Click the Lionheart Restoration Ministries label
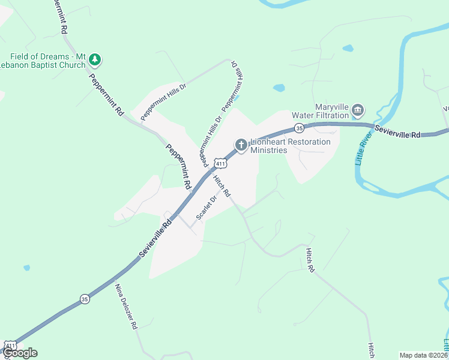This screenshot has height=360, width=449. [x=291, y=146]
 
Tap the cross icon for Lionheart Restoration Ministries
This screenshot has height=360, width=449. [x=241, y=144]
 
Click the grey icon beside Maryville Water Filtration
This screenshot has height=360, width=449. [x=358, y=110]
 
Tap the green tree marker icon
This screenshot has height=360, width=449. [x=95, y=60]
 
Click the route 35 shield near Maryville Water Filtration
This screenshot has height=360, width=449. [x=298, y=127]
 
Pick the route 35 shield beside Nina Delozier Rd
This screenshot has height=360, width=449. [x=85, y=299]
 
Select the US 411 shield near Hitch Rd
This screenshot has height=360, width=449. [x=220, y=163]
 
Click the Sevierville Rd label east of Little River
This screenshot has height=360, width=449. [x=397, y=132]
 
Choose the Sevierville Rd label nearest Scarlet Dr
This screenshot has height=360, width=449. [x=155, y=238]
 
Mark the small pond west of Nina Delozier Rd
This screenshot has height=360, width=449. [x=26, y=268]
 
